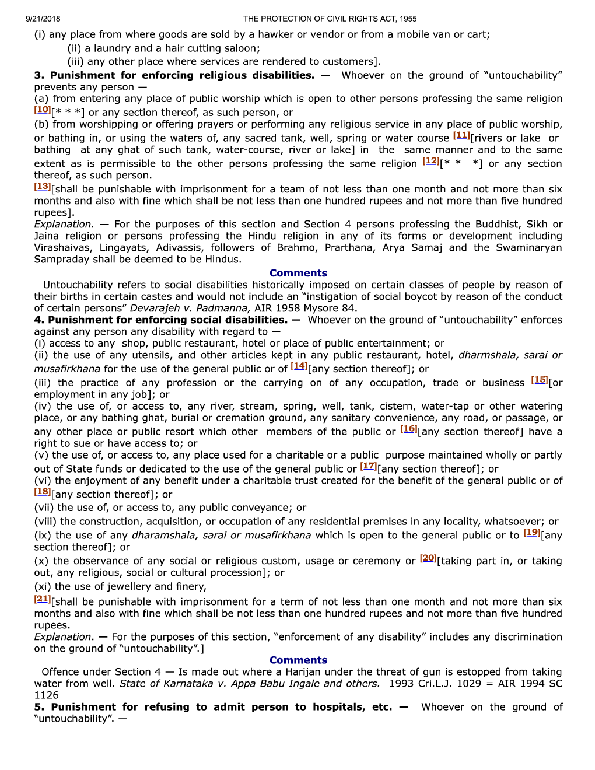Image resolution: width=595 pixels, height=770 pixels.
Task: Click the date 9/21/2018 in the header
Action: coord(43,19)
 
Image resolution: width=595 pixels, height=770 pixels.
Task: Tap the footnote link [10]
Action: coord(43,110)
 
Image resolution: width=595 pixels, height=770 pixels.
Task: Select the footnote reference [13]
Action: coord(43,187)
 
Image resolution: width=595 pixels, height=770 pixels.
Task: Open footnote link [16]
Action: coord(409,429)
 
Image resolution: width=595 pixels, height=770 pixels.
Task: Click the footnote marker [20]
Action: coord(429,558)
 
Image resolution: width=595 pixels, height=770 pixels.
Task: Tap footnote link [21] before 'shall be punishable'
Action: coord(43,599)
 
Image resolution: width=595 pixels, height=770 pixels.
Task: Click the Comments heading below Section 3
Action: coord(298,273)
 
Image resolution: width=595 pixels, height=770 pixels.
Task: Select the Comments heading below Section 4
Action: coord(298,660)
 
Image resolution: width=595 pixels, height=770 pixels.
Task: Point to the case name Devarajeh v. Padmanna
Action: coord(190,308)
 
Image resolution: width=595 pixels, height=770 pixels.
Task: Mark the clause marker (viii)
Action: coord(45,521)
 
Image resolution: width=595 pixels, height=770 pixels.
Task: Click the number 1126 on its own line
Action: coord(47,695)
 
